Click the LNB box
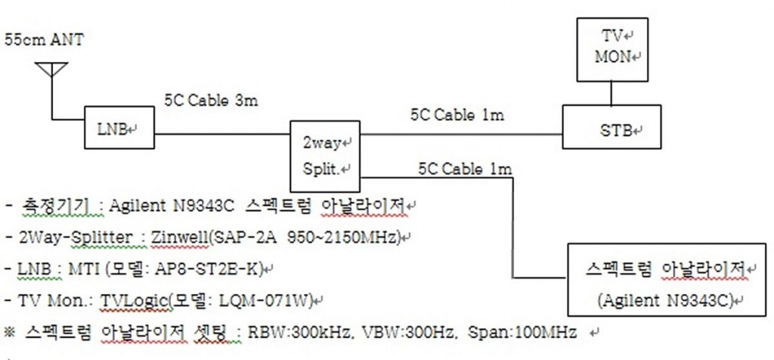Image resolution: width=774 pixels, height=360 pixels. point(119,127)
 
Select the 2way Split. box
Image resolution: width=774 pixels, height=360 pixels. point(325,156)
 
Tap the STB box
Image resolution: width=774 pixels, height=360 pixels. point(611,127)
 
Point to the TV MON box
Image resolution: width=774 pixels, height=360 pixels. point(612,49)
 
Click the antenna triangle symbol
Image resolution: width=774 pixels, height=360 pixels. point(51,69)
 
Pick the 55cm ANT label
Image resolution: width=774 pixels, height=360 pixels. point(44,40)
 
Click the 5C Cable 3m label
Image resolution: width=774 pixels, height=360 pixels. point(212,101)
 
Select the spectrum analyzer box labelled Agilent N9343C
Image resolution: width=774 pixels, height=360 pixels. point(667,280)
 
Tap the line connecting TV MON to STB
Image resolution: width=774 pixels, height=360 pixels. point(611,93)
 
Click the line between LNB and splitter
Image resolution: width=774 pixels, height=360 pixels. point(221,134)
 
